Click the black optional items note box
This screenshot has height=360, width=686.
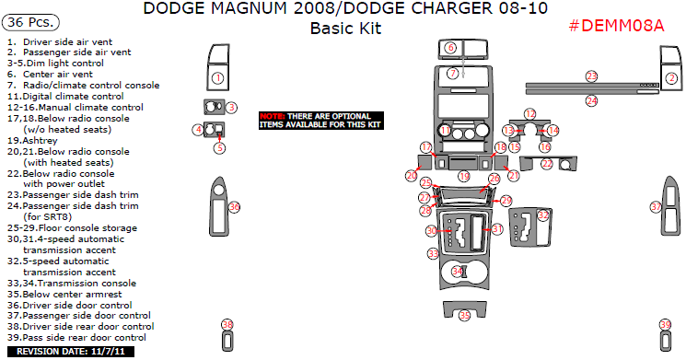tap(320, 119)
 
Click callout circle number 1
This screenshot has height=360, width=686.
tap(217, 78)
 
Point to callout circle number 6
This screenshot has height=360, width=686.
tap(451, 47)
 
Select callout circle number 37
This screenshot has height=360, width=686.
tap(657, 207)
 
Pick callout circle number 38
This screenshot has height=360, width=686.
tap(227, 324)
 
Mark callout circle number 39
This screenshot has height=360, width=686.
tap(665, 325)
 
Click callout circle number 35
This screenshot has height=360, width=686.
tap(464, 316)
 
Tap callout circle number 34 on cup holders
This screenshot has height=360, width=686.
tap(457, 272)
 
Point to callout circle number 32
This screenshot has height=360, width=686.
tap(543, 215)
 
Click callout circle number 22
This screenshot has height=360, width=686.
tap(547, 164)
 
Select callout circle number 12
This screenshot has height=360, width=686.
tap(529, 113)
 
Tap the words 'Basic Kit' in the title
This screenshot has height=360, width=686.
tap(345, 28)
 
